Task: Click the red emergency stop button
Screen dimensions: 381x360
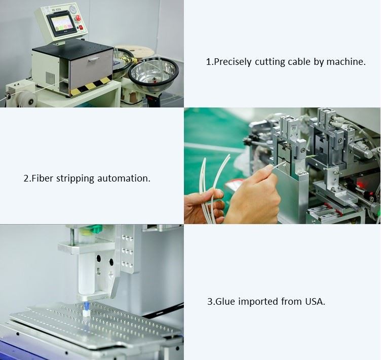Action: pos(78,18)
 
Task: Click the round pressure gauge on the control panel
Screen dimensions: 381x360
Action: pos(73,9)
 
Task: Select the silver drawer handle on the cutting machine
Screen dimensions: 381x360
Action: pos(94,59)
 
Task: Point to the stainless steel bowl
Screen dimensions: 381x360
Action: pos(154,73)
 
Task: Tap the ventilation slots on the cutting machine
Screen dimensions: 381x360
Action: pos(50,78)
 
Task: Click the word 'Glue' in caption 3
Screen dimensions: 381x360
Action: pos(225,302)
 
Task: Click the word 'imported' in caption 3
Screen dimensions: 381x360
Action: pos(258,302)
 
